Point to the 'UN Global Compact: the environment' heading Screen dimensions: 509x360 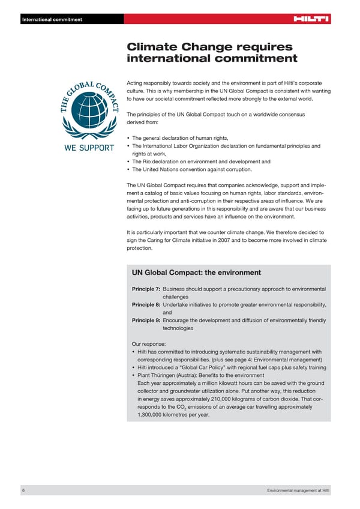[x=196, y=273]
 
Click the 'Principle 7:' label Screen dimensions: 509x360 [x=146, y=289]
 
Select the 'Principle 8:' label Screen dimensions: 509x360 [x=146, y=305]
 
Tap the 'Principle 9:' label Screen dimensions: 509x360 [x=146, y=321]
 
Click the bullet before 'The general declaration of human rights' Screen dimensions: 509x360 [x=128, y=138]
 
